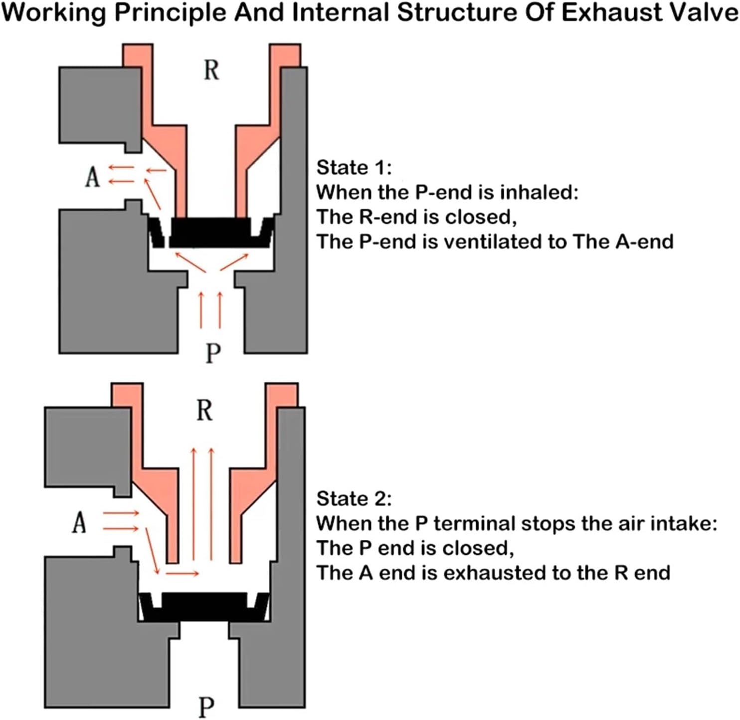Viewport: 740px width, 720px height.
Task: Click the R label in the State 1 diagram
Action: click(x=211, y=70)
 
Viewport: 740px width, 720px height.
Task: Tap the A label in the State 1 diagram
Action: click(x=92, y=177)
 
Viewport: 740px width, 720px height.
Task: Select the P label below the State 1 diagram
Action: click(x=213, y=353)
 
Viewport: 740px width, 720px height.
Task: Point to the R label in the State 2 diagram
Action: click(x=204, y=411)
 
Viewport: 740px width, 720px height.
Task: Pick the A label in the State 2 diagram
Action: click(x=79, y=523)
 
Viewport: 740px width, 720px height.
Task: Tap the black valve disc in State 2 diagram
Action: click(x=204, y=606)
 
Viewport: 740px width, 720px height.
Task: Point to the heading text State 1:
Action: click(x=354, y=168)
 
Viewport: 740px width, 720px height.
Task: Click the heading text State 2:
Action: click(x=354, y=498)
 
